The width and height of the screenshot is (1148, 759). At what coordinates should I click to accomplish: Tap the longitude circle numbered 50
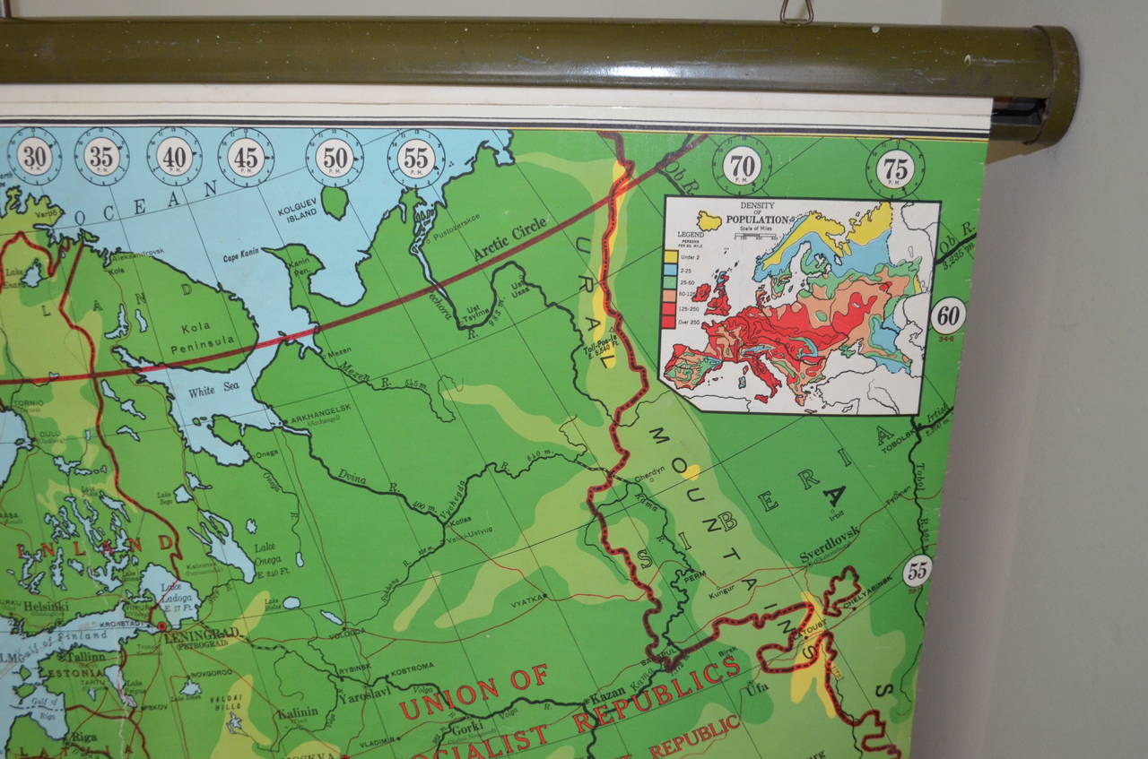click(x=335, y=157)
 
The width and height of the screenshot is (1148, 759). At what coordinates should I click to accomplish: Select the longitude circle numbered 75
click(x=895, y=168)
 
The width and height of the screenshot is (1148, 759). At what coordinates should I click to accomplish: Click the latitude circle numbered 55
click(x=917, y=571)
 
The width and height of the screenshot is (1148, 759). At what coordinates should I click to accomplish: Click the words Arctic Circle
click(x=509, y=238)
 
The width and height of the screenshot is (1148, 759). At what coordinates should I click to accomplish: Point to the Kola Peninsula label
click(x=207, y=331)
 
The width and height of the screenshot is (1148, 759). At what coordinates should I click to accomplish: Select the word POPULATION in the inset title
click(x=755, y=220)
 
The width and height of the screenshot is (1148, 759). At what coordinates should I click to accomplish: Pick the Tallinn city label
click(x=83, y=656)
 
